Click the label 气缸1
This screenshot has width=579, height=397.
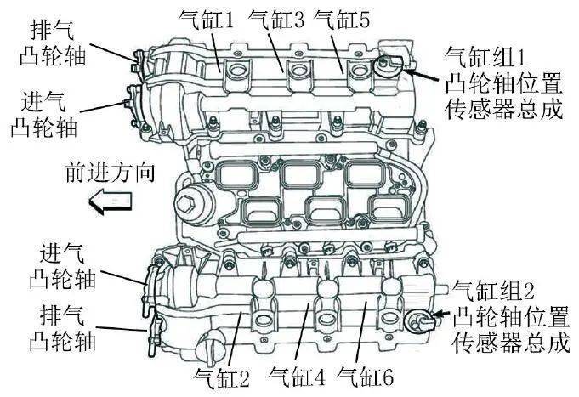click(206, 20)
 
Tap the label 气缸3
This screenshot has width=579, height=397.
click(276, 20)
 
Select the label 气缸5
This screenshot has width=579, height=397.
click(342, 20)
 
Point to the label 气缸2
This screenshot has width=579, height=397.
click(221, 377)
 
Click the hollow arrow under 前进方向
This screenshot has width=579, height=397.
click(111, 201)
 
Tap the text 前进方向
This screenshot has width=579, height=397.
click(110, 173)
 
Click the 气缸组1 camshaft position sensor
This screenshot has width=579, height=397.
click(389, 66)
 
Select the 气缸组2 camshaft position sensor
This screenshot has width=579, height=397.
click(420, 320)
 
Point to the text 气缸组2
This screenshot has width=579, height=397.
click(493, 290)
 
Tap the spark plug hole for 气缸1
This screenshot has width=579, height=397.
click(236, 71)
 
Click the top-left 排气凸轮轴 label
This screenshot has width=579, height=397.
click(53, 43)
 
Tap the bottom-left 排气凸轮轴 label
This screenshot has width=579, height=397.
click(63, 327)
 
